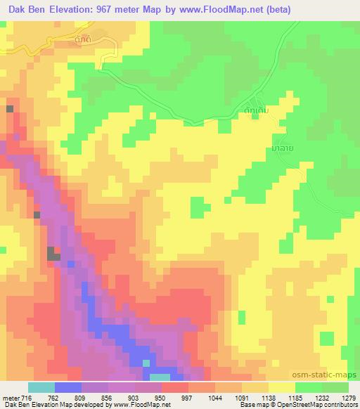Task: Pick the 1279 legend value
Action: point(348,398)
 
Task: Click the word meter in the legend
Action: point(11,398)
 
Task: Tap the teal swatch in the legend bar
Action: point(41,387)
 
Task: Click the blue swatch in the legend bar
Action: point(68,387)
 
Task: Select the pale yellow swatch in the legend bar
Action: point(281,387)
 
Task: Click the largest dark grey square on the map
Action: point(53,254)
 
